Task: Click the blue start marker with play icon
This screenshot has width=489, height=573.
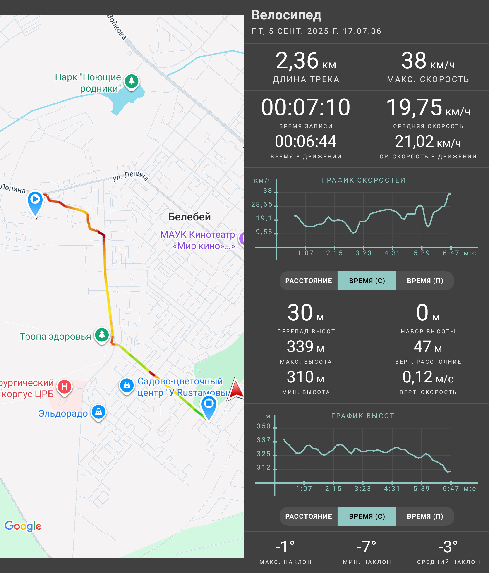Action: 35,203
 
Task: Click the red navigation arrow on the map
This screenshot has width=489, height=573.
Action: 236,389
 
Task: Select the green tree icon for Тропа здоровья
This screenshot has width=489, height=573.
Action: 102,335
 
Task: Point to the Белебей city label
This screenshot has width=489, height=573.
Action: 189,217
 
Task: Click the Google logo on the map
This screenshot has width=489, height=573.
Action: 23,526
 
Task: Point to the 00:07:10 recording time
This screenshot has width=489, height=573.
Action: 306,107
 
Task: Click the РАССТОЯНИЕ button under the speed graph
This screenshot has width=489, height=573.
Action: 309,281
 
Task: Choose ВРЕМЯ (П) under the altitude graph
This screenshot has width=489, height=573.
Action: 425,516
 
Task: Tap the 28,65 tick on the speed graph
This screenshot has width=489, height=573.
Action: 262,204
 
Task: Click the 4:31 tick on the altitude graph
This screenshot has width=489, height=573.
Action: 392,489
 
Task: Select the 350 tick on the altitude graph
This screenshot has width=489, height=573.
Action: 264,426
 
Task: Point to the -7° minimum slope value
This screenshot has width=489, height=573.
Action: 367,547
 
